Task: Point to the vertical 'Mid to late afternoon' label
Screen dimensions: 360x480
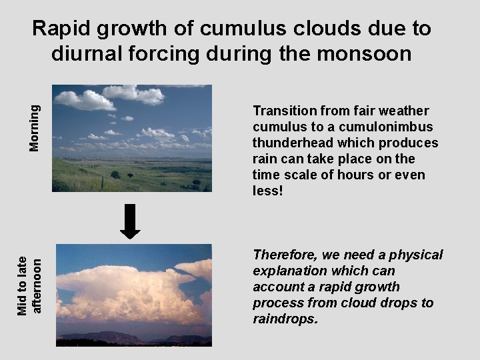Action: (29, 285)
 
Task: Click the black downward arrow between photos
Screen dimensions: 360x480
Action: (130, 221)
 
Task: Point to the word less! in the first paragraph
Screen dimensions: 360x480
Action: (269, 191)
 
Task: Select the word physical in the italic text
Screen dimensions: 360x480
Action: (416, 255)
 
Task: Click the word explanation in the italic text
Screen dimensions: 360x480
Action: (291, 271)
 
